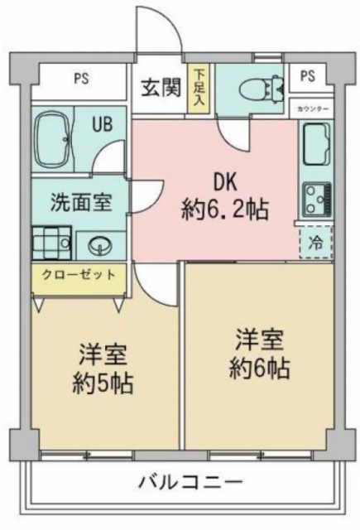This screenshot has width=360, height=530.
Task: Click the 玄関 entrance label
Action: [161, 87]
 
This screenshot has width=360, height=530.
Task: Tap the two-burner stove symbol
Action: [315, 197]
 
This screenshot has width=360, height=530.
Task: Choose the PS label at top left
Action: [80, 80]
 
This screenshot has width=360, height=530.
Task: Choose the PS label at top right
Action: [308, 76]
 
